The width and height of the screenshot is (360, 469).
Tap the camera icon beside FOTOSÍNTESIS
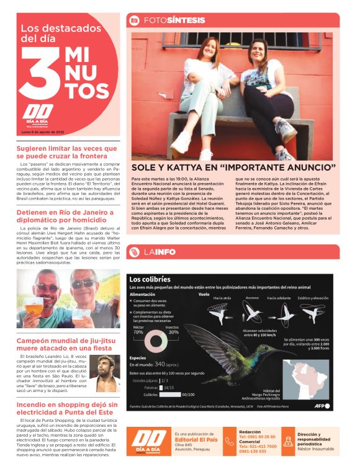[133, 20]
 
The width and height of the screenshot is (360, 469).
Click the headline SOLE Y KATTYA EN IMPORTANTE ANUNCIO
[233, 167]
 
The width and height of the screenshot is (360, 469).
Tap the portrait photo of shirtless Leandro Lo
[104, 374]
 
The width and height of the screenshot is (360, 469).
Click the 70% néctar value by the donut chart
[138, 332]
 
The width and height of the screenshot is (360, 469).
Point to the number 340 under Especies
[160, 364]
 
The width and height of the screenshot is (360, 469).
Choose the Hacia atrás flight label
[222, 298]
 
